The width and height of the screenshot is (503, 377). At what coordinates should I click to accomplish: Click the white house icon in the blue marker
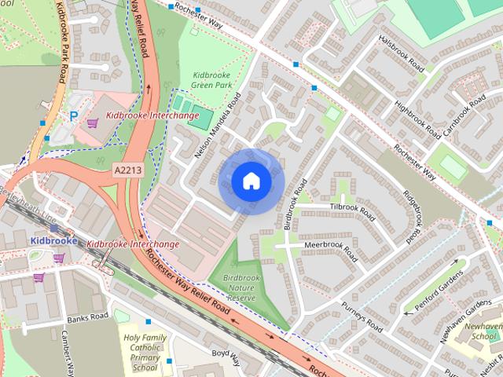pyautogui.click(x=251, y=181)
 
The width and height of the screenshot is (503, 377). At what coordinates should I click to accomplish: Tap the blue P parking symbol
pyautogui.click(x=74, y=115)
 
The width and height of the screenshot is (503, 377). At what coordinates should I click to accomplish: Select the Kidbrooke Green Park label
pyautogui.click(x=214, y=80)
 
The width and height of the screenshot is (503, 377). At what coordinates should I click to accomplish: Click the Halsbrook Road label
pyautogui.click(x=404, y=55)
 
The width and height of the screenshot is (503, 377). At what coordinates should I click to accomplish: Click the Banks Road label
pyautogui.click(x=86, y=319)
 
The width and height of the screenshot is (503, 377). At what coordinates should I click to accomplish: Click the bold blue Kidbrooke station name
pyautogui.click(x=54, y=240)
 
